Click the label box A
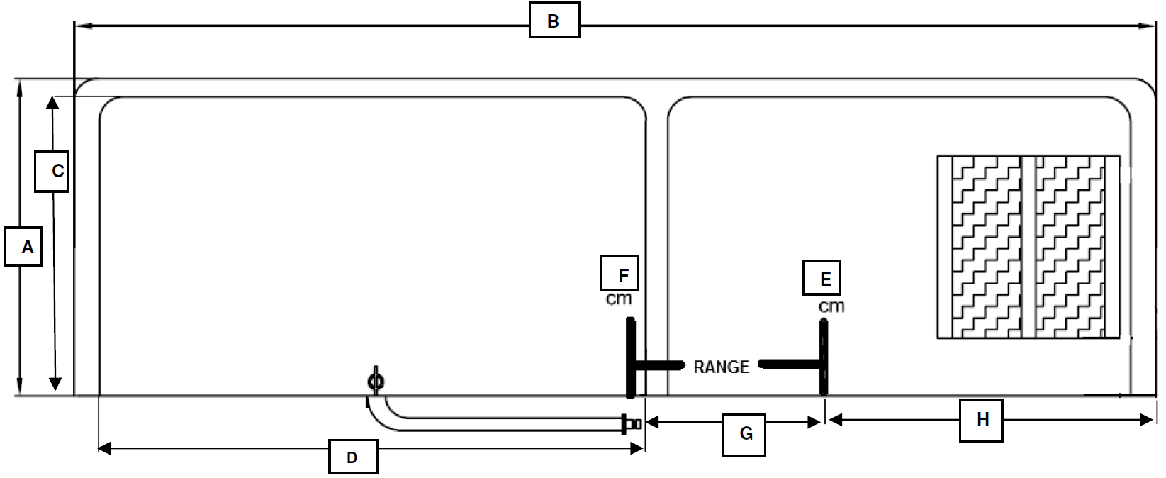click(23, 246)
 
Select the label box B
click(554, 20)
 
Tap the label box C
click(52, 172)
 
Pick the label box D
click(353, 457)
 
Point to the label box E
click(821, 278)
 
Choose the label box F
click(620, 273)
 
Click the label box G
click(744, 435)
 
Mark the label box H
click(981, 421)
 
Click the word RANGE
click(721, 367)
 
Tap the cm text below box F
click(619, 299)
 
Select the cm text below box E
click(831, 306)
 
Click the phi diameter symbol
click(376, 381)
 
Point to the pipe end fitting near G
click(631, 423)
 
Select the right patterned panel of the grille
click(1070, 247)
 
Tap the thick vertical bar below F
click(630, 357)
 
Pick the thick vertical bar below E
click(824, 357)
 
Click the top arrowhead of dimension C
click(52, 102)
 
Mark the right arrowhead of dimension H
click(1147, 420)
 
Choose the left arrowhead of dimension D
click(105, 448)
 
